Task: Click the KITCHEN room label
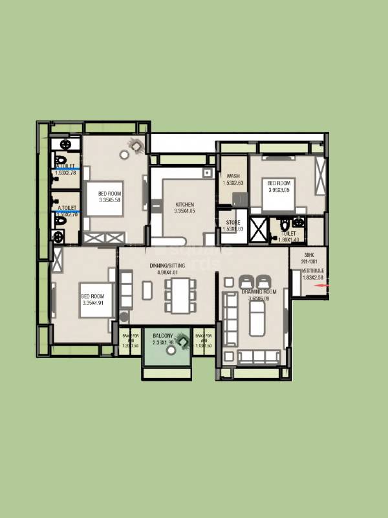184,205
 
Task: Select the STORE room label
233,222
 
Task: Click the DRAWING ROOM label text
259,292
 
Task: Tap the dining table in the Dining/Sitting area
178,295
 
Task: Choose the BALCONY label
162,336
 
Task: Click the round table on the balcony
171,350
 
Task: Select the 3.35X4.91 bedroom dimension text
92,304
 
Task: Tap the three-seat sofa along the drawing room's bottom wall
259,357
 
